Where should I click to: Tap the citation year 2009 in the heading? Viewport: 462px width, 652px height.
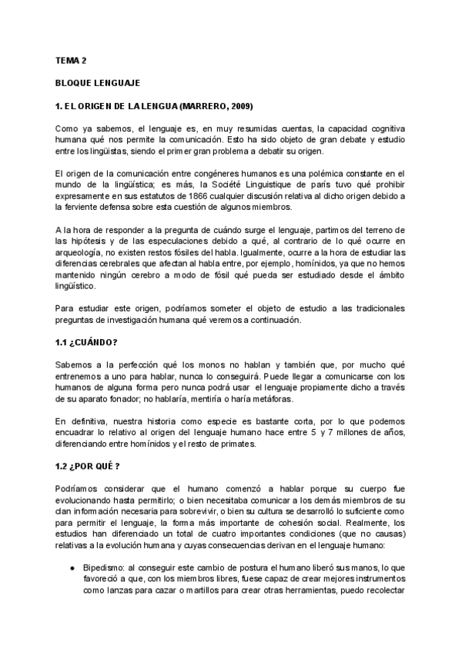click(x=239, y=105)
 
